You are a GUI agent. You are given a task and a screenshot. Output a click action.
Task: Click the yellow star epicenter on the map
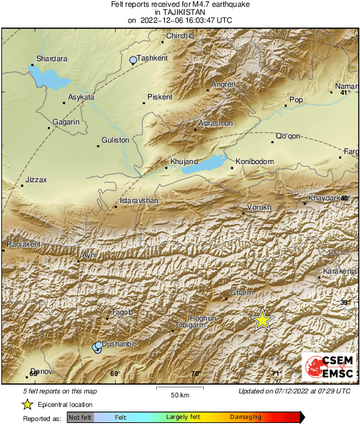click(262, 320)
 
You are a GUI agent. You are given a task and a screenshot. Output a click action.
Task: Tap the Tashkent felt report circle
click(133, 61)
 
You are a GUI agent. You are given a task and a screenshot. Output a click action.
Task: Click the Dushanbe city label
click(120, 344)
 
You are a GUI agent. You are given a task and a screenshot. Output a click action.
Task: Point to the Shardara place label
click(52, 59)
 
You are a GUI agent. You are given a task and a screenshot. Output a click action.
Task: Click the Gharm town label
click(241, 293)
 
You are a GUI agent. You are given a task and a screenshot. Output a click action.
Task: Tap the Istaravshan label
click(139, 201)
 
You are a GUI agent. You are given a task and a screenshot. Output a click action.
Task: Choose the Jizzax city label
click(36, 180)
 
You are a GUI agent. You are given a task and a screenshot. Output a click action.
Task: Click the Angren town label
click(223, 84)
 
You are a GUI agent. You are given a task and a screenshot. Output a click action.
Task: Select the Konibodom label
click(254, 161)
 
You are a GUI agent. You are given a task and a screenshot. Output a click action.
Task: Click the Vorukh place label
click(259, 207)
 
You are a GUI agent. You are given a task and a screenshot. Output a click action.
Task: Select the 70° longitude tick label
click(195, 374)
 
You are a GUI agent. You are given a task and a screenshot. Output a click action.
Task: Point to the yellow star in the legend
click(27, 404)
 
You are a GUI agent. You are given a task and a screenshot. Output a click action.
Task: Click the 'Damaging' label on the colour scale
click(246, 418)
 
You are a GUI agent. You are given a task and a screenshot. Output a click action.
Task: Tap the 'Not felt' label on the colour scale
click(80, 418)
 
